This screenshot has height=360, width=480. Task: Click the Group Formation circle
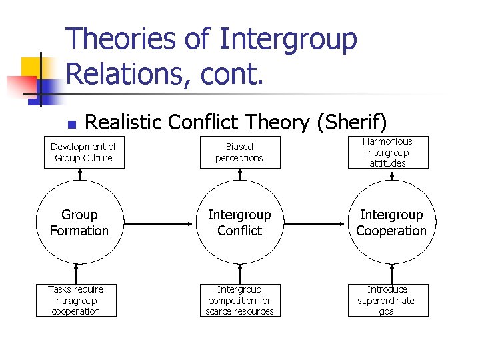tap(79, 223)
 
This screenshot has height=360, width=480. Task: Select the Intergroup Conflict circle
tap(239, 223)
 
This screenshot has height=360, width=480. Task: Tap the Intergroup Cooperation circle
tap(391, 223)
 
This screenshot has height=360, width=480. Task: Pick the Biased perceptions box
tap(239, 152)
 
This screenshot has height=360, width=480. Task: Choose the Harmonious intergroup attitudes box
tap(387, 152)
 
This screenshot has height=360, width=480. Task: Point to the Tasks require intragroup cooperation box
tap(75, 300)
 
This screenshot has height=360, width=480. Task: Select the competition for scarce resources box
tap(239, 300)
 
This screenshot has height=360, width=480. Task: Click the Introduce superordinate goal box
tap(387, 300)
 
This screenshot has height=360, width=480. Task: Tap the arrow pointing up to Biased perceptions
tap(239, 175)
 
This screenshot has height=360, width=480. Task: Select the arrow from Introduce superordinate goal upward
tap(391, 273)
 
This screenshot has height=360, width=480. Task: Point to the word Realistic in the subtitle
tap(123, 122)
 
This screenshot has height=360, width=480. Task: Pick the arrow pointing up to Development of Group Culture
tap(79, 175)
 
